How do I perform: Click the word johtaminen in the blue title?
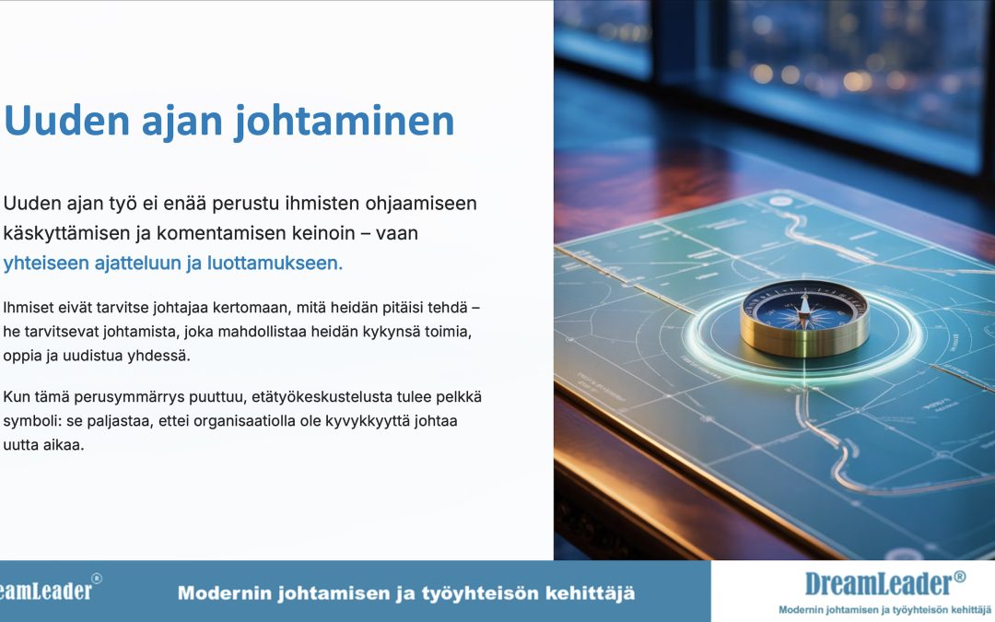345,121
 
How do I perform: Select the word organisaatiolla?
245,421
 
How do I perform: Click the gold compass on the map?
804,318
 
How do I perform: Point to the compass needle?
804,311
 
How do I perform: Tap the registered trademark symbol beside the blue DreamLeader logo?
959,576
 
